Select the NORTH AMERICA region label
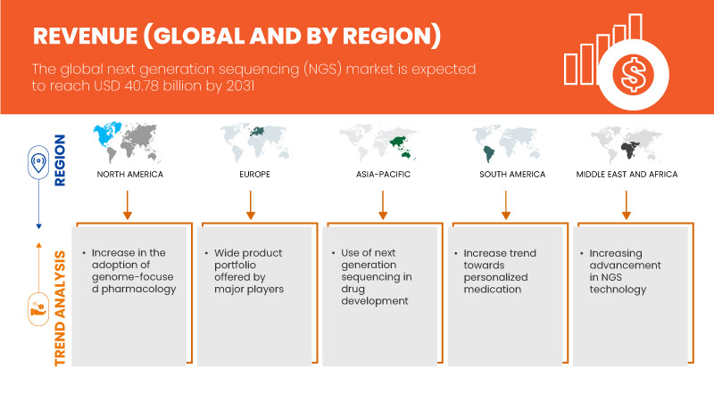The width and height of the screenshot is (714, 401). (x=130, y=174)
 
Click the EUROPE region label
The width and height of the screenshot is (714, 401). (x=252, y=174)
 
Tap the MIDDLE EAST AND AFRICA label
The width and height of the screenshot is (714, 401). (x=627, y=174)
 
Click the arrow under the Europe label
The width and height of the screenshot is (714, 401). (x=252, y=203)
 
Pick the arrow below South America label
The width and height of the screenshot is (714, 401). (x=504, y=203)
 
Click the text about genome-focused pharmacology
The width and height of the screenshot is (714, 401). (x=134, y=271)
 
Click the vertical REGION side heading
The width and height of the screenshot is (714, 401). (x=61, y=160)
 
